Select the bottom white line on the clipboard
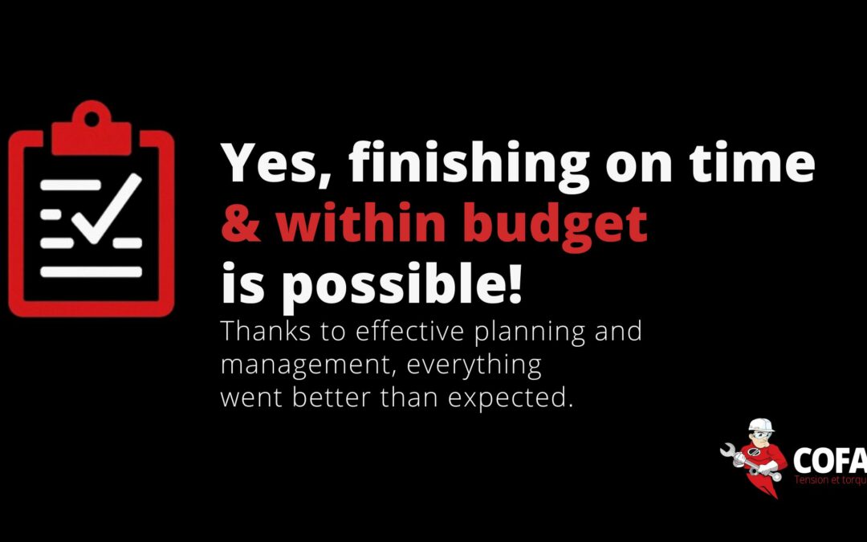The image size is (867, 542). (x=91, y=272)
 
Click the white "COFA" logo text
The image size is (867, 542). (x=829, y=461)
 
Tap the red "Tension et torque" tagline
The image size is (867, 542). (x=829, y=480)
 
